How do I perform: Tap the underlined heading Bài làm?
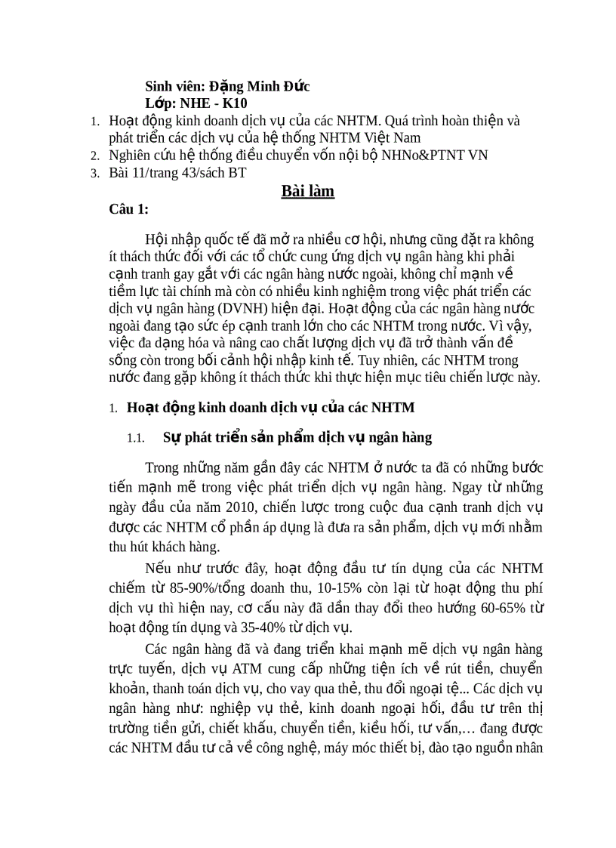307,191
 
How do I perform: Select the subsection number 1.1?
135,438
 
